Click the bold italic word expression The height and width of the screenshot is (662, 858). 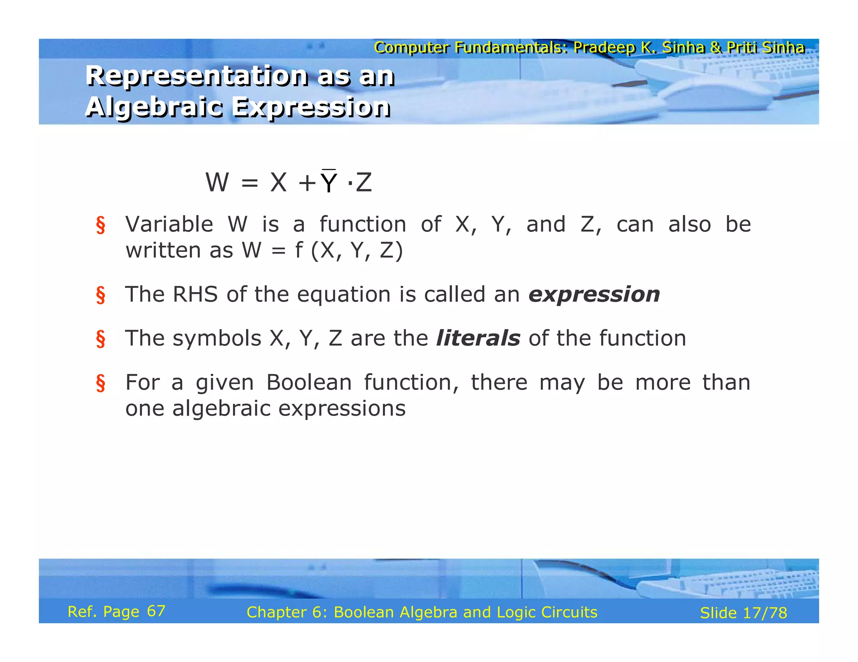click(594, 295)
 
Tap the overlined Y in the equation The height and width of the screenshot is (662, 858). click(329, 182)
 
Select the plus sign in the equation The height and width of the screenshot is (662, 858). click(307, 183)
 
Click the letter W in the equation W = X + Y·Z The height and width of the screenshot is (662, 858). click(217, 182)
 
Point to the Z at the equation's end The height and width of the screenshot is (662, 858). click(364, 183)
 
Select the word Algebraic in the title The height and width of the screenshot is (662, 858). click(153, 107)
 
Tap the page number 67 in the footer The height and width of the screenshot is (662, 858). click(156, 611)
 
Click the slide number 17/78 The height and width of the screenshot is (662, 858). click(765, 613)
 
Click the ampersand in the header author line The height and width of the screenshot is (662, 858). click(716, 48)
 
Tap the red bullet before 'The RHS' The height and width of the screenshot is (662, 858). click(101, 295)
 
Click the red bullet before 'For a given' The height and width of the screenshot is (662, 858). click(101, 383)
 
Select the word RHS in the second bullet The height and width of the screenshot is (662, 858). click(195, 294)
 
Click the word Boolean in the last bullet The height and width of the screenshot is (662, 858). click(309, 382)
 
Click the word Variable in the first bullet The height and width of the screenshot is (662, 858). click(169, 224)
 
